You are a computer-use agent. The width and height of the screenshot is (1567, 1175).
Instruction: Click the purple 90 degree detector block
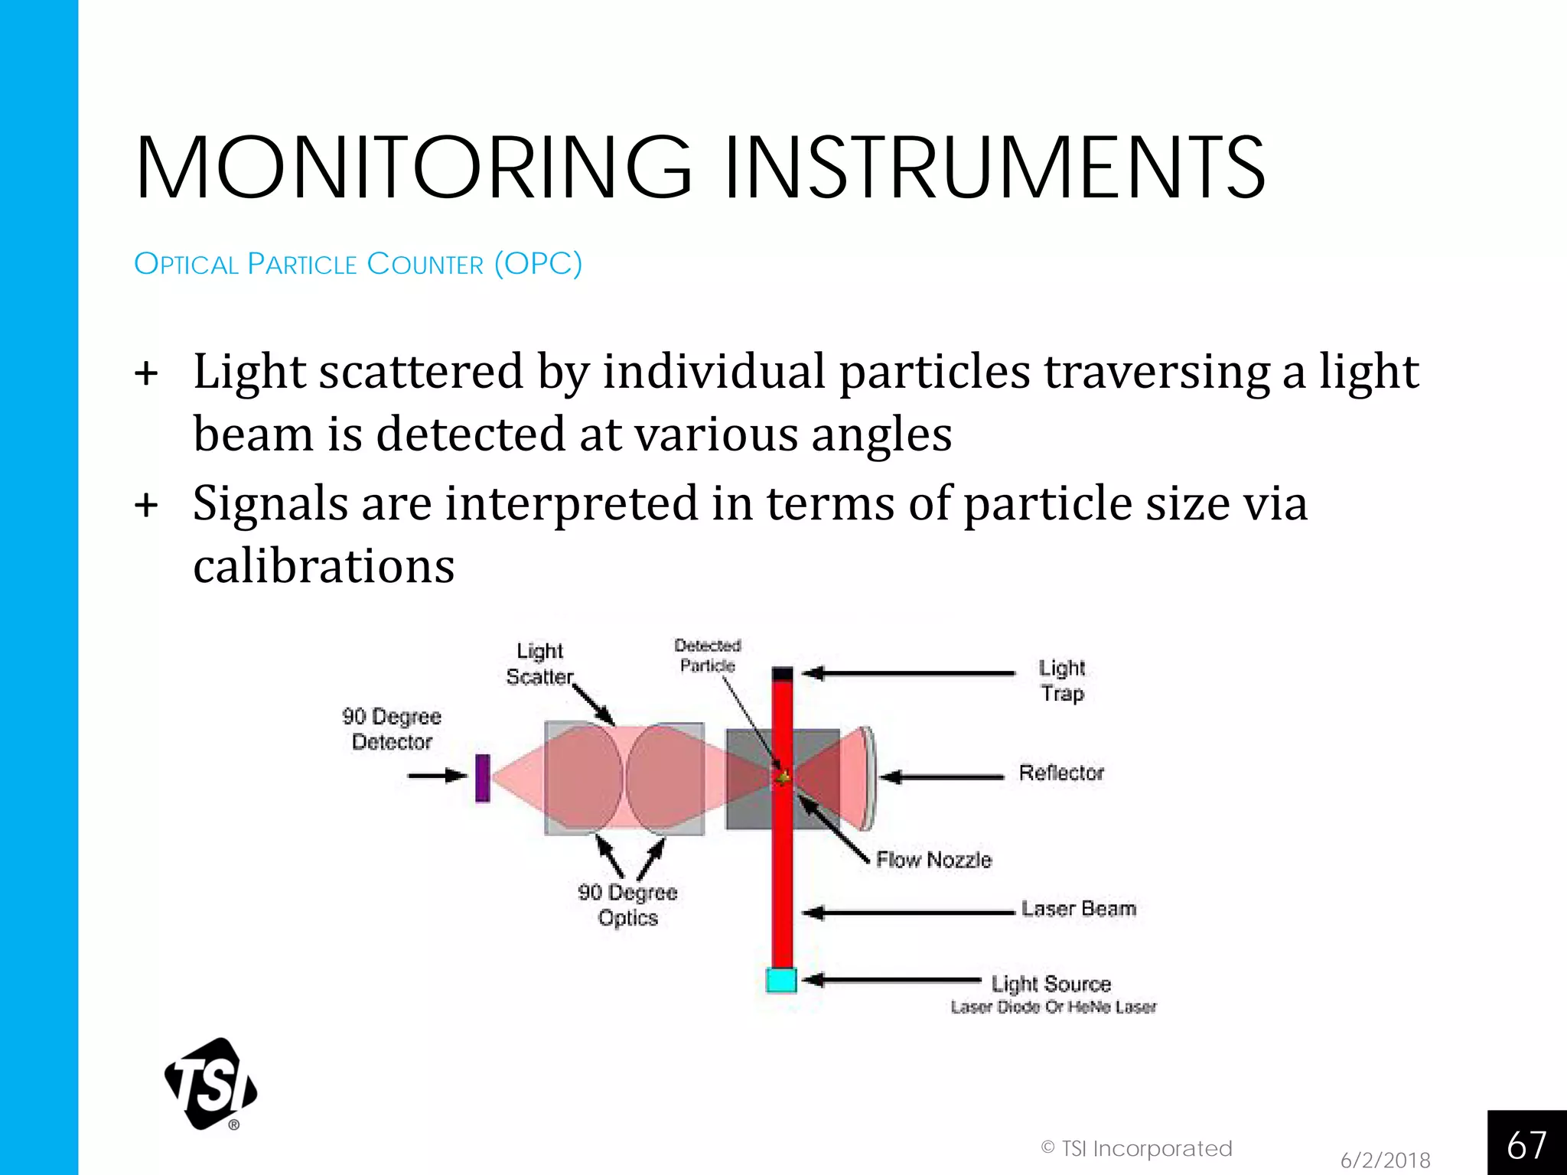coord(482,778)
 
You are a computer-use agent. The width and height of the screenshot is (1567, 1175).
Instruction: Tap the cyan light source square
coord(781,981)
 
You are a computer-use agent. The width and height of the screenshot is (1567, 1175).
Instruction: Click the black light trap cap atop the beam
coord(782,674)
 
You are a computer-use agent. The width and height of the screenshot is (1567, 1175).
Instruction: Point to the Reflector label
coord(1060,773)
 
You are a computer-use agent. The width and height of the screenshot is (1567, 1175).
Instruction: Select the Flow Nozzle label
coord(933,860)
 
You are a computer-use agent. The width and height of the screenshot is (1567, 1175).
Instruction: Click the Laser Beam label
coord(1078,909)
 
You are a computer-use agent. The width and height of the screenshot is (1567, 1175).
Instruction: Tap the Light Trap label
coord(1062,680)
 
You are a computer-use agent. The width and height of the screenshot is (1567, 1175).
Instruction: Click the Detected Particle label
coord(707,656)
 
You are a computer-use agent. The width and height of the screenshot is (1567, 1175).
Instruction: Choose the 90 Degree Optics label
coord(627,905)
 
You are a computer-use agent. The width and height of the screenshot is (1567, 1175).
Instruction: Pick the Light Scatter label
coord(539,664)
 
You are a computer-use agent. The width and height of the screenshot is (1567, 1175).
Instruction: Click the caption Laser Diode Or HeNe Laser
coord(1054,1007)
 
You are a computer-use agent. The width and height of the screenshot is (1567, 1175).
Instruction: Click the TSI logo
coord(211,1084)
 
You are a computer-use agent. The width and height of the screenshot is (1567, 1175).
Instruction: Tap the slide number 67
coord(1526,1145)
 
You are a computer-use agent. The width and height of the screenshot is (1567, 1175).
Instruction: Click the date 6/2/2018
coord(1385,1160)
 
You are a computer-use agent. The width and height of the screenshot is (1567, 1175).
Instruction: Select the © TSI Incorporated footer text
coord(1136,1148)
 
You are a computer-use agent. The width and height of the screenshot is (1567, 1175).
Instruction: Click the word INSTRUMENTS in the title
coord(995,168)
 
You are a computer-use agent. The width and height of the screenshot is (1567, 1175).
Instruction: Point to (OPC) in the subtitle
coord(538,264)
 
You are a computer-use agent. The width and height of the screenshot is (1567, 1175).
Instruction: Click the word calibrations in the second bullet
coord(324,566)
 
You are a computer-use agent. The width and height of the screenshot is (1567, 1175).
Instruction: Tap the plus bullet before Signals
coord(146,506)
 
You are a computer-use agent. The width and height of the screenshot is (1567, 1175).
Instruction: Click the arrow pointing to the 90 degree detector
coord(437,776)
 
